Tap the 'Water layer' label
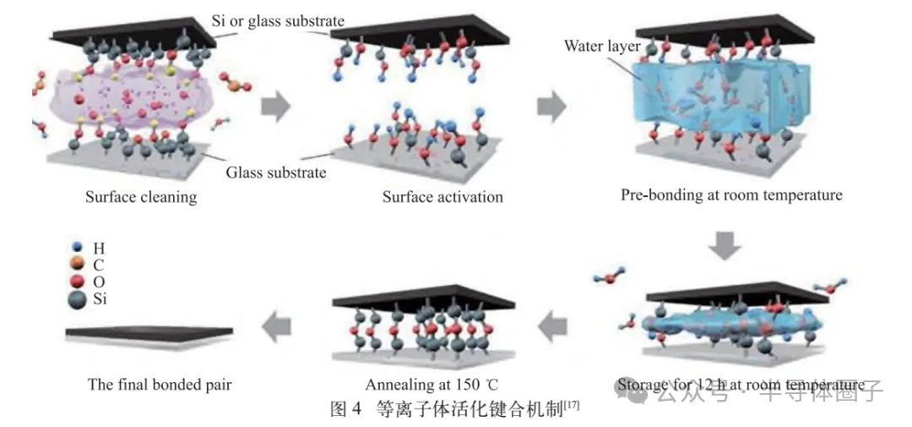click(x=602, y=45)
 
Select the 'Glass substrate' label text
click(x=275, y=173)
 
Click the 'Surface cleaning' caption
click(x=141, y=198)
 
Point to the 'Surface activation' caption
click(x=442, y=198)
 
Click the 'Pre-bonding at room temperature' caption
click(x=731, y=195)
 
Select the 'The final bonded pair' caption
click(x=160, y=385)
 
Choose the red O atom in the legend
click(x=78, y=281)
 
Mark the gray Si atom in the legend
click(x=78, y=298)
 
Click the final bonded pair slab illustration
click(x=149, y=332)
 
